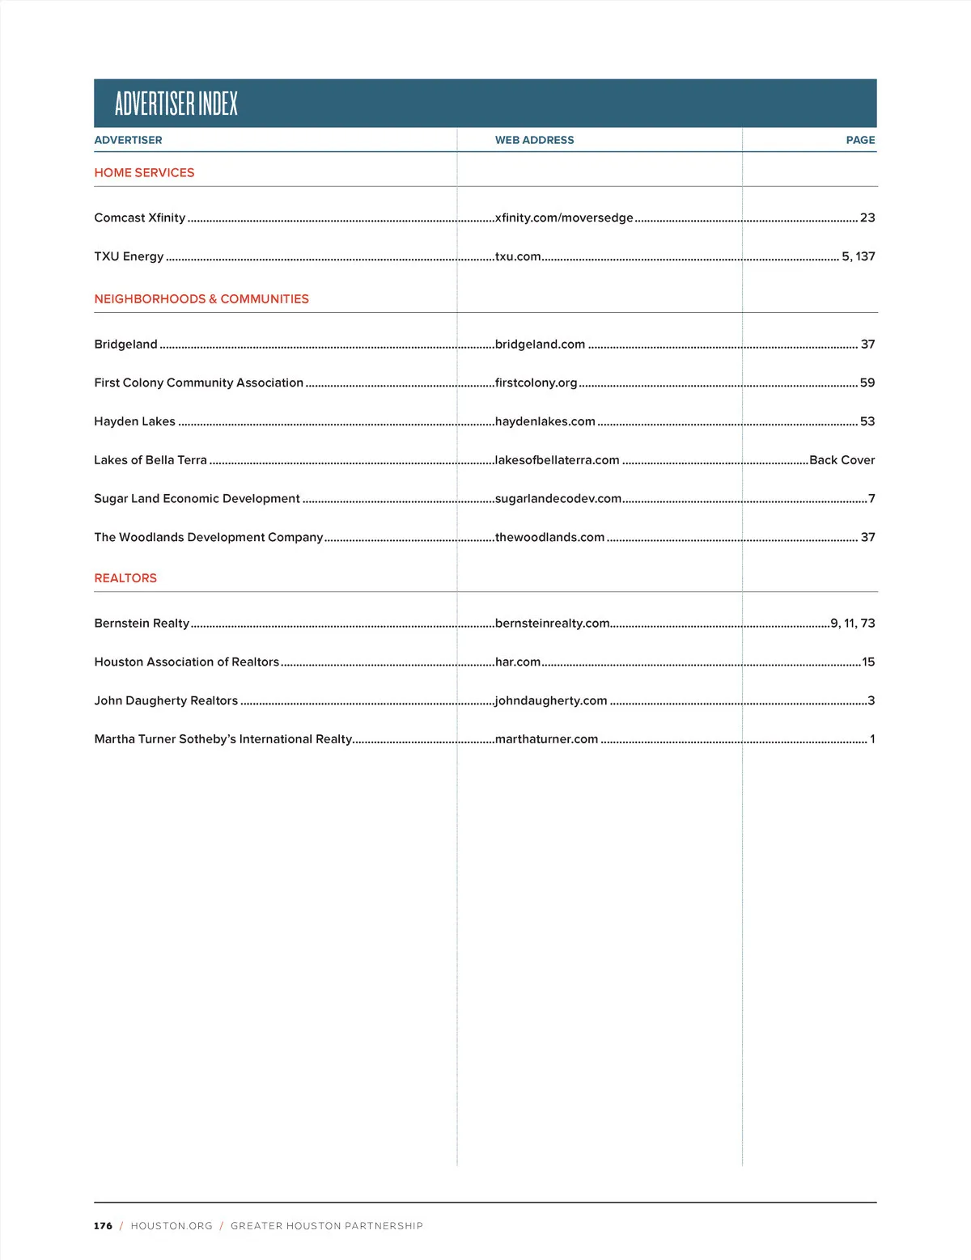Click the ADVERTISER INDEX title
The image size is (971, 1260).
click(176, 104)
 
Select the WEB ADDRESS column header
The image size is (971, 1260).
click(534, 140)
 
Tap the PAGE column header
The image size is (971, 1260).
click(860, 140)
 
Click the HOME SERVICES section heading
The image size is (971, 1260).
click(144, 172)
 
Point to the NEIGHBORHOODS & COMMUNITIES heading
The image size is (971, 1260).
click(201, 298)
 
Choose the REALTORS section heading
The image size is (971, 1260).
click(125, 578)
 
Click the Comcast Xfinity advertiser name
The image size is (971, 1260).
click(139, 218)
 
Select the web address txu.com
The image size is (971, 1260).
click(518, 256)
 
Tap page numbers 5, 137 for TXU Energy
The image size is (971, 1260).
click(858, 256)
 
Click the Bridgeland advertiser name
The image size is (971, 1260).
click(125, 344)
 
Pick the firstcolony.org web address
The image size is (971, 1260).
click(536, 383)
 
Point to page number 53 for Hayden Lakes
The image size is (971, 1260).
click(867, 421)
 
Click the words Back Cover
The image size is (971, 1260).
click(842, 460)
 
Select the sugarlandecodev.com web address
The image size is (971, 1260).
click(558, 499)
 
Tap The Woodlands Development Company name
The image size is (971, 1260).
click(208, 537)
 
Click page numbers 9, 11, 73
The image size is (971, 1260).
click(852, 624)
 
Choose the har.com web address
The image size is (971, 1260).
click(517, 662)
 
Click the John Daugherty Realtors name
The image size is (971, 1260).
click(166, 700)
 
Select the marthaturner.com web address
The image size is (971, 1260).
click(546, 739)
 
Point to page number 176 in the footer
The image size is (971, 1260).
click(103, 1226)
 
